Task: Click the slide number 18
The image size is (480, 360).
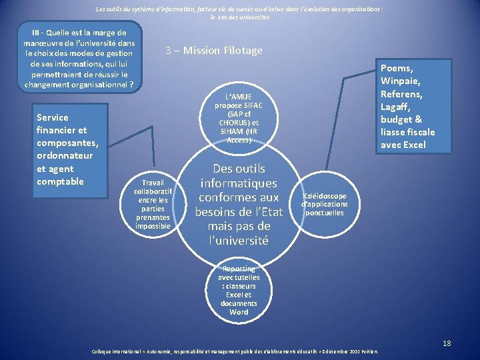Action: tap(447, 343)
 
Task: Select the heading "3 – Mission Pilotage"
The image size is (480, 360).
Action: tap(214, 51)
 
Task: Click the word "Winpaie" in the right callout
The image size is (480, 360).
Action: tap(401, 81)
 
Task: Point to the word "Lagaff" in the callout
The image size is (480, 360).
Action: tap(395, 107)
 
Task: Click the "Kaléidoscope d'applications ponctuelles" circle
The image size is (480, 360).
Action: tap(324, 204)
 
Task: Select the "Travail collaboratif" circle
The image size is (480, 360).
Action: tap(153, 204)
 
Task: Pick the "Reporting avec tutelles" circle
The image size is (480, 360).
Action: tap(239, 290)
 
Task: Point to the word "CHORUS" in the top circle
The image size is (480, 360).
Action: tap(233, 123)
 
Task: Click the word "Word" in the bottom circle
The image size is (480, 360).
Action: tap(239, 312)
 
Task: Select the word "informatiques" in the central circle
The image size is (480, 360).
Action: tap(239, 183)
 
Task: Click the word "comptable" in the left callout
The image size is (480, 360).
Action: tap(60, 181)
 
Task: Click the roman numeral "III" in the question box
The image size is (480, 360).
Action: tap(37, 32)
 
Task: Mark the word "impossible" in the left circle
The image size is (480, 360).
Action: tap(153, 227)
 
